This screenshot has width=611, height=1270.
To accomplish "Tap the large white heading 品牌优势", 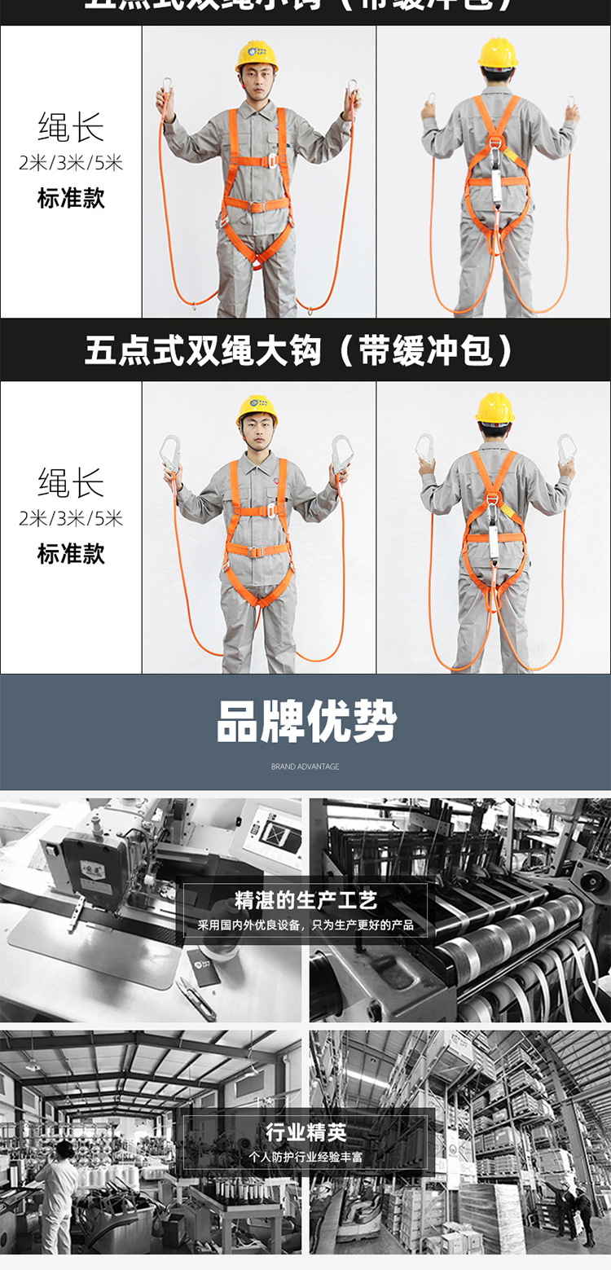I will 305,722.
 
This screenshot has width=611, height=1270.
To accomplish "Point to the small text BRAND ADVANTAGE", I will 305,767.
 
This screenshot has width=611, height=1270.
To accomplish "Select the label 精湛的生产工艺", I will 305,901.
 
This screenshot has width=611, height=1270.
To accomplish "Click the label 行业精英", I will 305,1132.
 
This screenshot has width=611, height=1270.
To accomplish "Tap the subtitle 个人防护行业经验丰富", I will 305,1157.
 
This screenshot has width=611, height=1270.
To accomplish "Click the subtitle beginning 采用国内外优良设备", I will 305,925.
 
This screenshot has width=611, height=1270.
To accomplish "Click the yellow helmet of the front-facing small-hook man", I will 257,55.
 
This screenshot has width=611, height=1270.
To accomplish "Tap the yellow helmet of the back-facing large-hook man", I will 495,407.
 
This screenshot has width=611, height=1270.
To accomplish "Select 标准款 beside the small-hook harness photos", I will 71,198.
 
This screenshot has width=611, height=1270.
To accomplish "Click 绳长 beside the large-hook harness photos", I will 71,482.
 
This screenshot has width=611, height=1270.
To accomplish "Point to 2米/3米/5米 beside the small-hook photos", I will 71,163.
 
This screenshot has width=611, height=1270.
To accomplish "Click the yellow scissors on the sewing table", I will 196,998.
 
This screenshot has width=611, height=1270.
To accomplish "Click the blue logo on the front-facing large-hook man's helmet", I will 257,403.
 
